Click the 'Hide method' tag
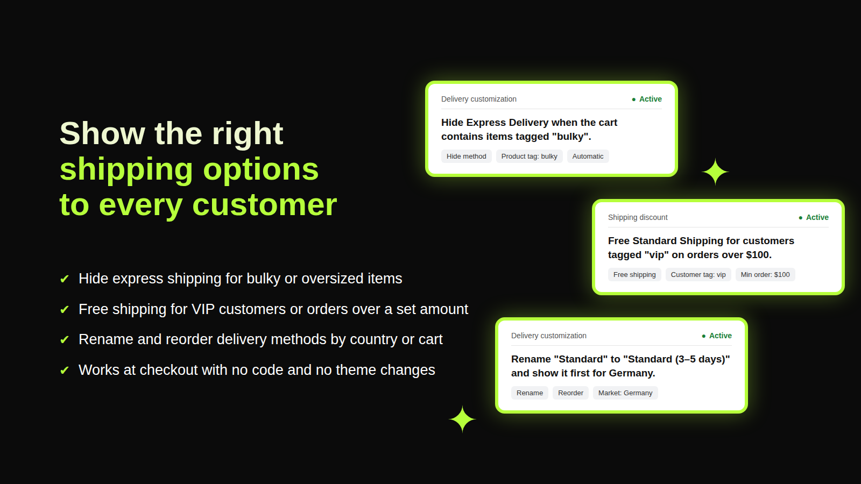pos(466,156)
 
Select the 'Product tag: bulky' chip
pos(530,156)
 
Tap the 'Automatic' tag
pos(588,156)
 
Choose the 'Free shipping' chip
pos(634,275)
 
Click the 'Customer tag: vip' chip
pos(698,275)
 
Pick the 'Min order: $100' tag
pos(765,275)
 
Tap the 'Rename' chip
pos(530,393)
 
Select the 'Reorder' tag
pos(570,393)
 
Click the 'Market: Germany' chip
pos(625,393)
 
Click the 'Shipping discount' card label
pos(638,217)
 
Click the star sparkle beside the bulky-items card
pos(715,172)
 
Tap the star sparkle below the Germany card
pos(462,419)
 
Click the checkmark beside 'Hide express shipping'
pos(65,279)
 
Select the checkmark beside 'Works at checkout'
pos(65,371)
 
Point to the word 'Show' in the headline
pos(102,133)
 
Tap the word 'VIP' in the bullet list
pos(203,309)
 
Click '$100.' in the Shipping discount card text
pos(759,255)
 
